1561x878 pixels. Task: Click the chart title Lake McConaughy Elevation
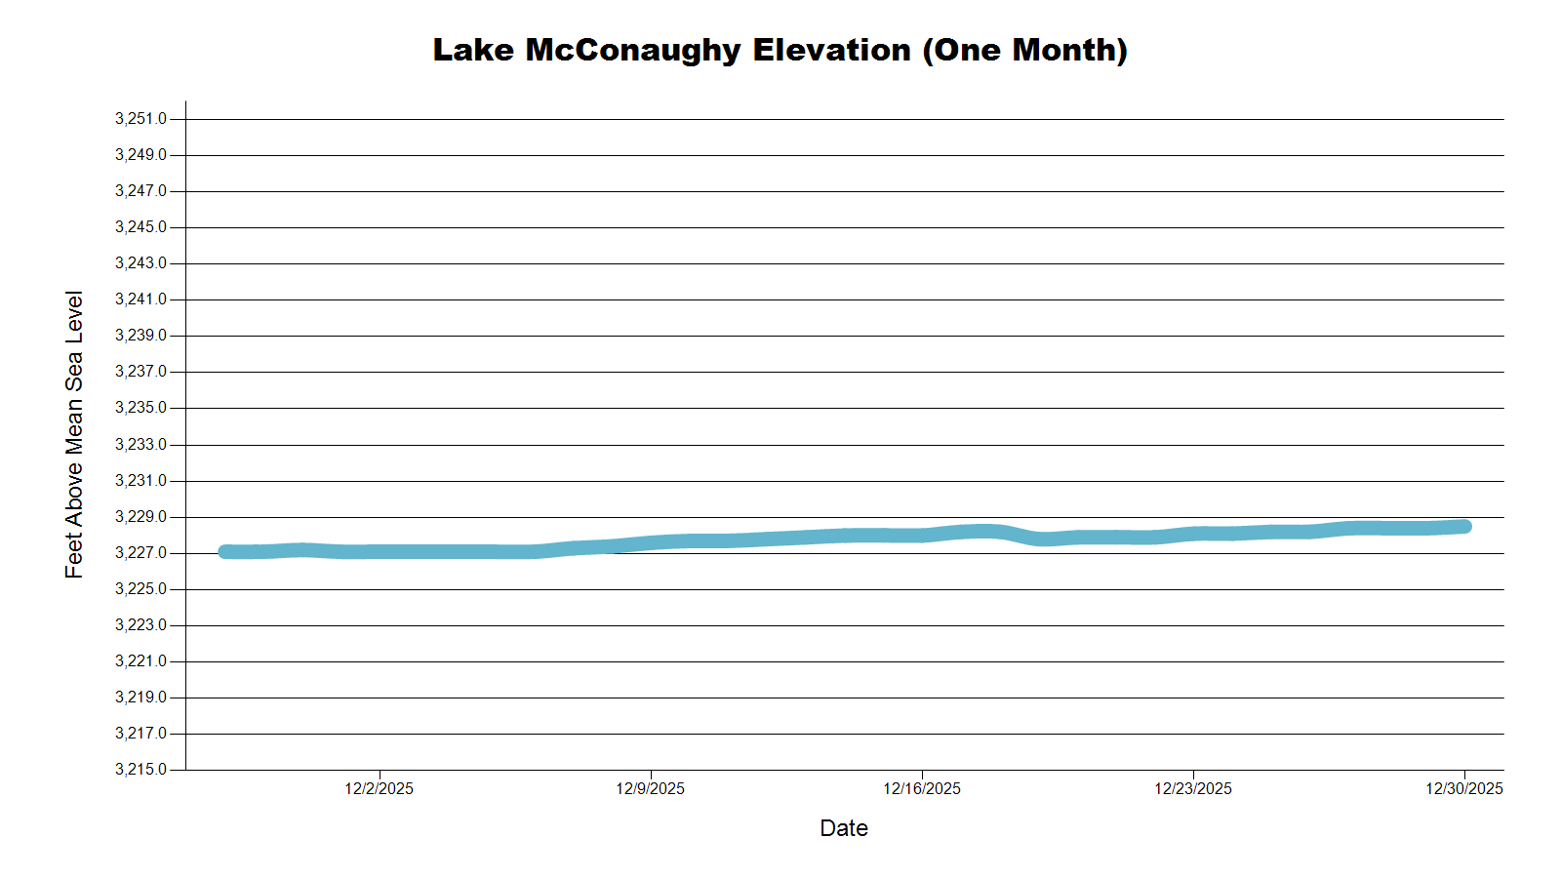(x=780, y=50)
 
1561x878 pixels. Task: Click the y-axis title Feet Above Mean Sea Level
(x=74, y=434)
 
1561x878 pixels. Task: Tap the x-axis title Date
(x=844, y=828)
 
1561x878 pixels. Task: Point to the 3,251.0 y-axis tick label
(x=140, y=119)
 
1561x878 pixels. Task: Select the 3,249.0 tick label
(x=140, y=155)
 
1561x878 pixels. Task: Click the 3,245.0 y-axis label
(x=140, y=227)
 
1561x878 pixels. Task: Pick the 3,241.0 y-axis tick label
(x=140, y=299)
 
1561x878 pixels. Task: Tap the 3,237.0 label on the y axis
(x=140, y=372)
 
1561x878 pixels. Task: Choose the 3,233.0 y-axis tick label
(x=140, y=444)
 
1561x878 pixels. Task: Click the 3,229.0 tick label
(x=140, y=516)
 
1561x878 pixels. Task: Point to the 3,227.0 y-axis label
(x=140, y=553)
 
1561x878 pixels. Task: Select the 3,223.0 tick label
(x=140, y=625)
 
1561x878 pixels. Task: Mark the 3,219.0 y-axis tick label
(x=140, y=698)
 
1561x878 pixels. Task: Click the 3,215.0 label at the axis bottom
(x=140, y=770)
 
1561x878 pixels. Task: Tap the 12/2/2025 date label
(x=379, y=788)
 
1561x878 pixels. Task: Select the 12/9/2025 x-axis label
(x=650, y=788)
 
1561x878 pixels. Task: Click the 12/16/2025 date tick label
(x=922, y=788)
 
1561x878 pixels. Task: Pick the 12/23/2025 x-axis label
(x=1193, y=788)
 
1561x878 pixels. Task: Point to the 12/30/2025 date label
(x=1464, y=788)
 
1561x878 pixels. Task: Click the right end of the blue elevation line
(x=1463, y=527)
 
